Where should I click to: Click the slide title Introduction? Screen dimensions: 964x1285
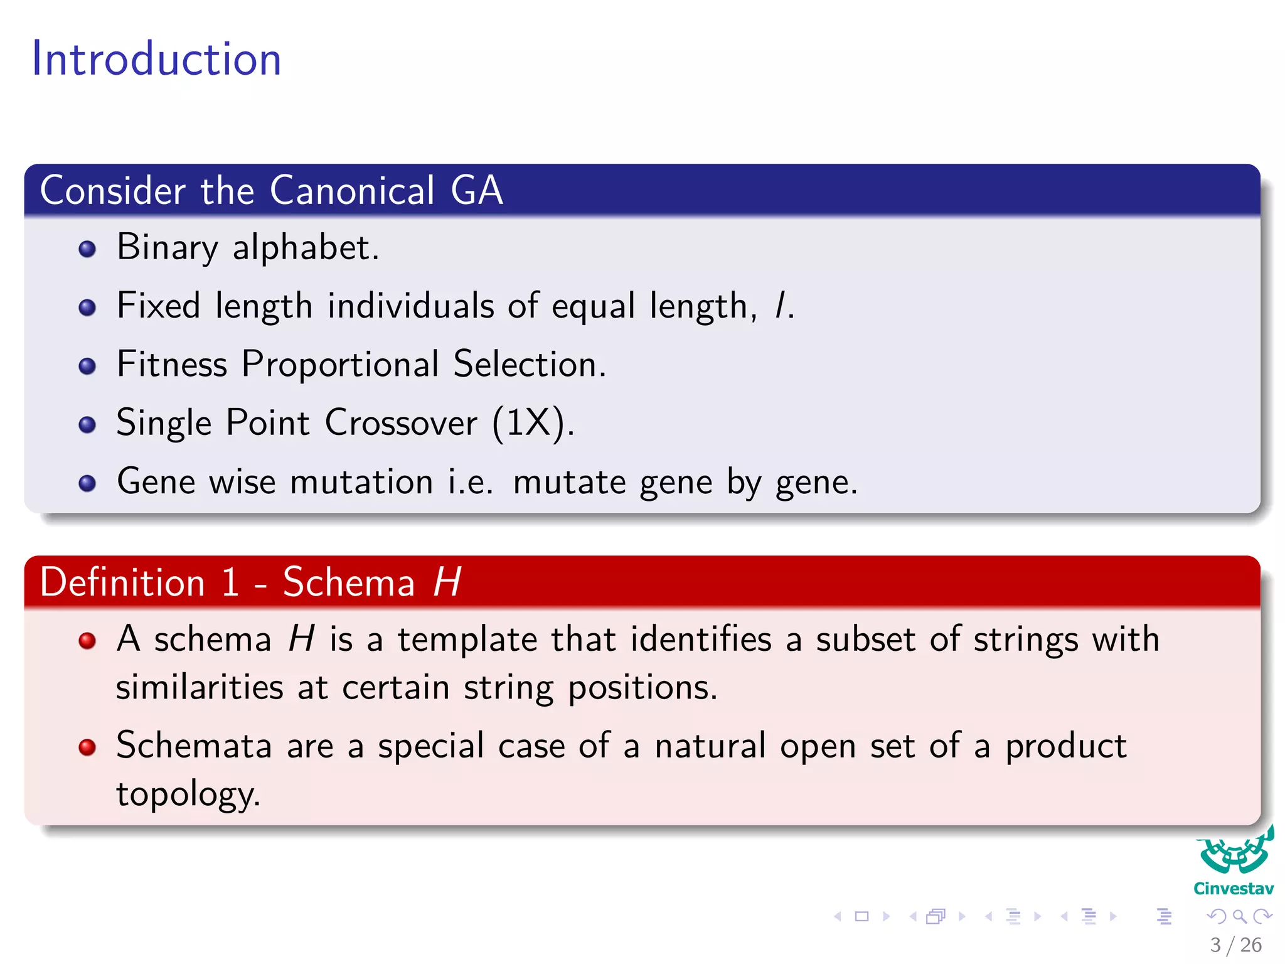(156, 59)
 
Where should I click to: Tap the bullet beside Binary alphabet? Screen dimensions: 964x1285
(87, 249)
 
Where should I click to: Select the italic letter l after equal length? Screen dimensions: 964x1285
(780, 306)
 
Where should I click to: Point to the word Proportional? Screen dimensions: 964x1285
(340, 365)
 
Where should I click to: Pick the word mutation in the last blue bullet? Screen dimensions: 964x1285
(361, 482)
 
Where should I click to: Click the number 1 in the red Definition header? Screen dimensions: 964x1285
(230, 582)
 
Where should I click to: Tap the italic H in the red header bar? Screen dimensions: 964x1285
(447, 582)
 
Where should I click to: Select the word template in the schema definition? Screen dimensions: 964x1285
(467, 640)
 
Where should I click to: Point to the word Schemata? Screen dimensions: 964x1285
(194, 746)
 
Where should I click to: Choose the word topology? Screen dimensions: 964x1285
(187, 795)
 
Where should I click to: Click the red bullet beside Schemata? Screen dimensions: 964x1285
(87, 747)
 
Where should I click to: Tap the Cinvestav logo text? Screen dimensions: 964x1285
(1233, 889)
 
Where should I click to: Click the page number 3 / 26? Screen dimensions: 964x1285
(1235, 945)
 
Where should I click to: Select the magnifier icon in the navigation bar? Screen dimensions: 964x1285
(1239, 916)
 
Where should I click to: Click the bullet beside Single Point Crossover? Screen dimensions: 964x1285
(87, 425)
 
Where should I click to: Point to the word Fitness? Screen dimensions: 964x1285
(172, 365)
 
